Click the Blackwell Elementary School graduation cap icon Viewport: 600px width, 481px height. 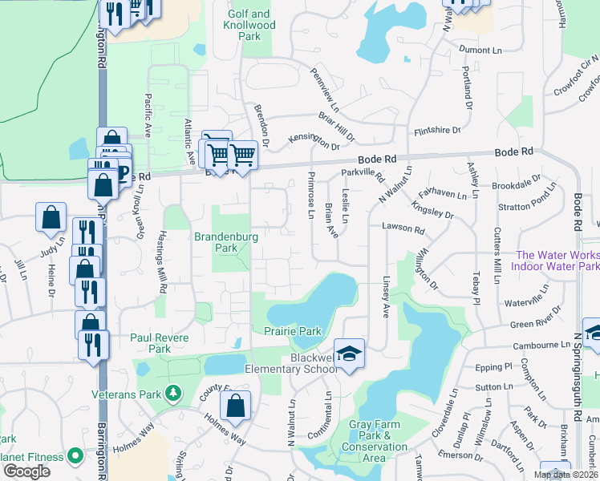[349, 354]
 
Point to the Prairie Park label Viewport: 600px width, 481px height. [293, 331]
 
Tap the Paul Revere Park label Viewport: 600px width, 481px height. [160, 343]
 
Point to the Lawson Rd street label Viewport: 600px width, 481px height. [407, 229]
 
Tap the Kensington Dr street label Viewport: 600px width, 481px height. [314, 141]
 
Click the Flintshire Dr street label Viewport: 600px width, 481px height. [437, 131]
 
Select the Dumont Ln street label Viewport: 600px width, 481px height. [480, 51]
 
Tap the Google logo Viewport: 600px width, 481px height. [26, 471]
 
